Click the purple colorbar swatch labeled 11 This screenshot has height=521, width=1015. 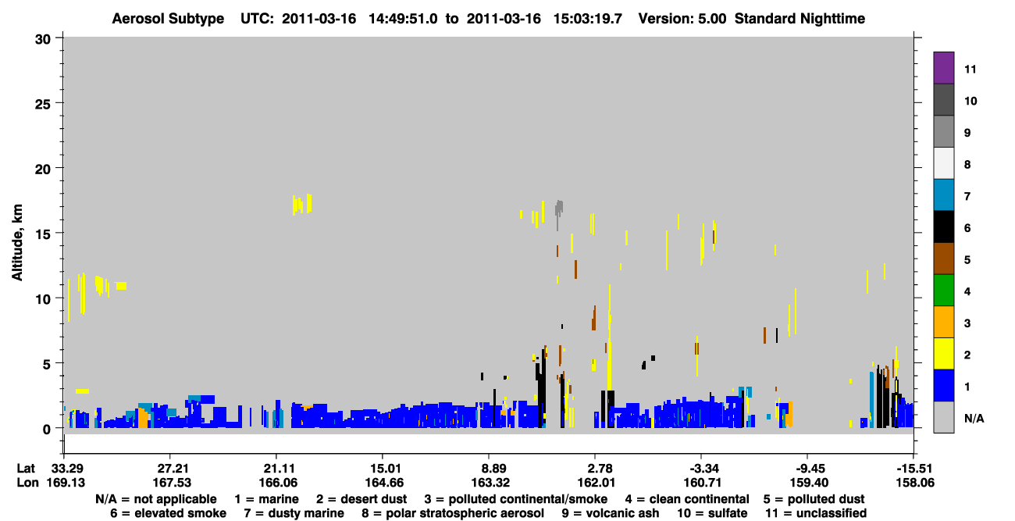(943, 67)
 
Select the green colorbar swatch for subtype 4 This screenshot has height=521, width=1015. (943, 291)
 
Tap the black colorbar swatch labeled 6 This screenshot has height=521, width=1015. (943, 227)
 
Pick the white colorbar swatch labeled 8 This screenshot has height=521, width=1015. (943, 163)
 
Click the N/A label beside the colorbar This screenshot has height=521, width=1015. (974, 418)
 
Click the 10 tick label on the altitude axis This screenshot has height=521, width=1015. (43, 299)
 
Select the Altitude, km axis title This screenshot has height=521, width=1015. (17, 242)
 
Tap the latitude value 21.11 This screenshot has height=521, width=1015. (279, 468)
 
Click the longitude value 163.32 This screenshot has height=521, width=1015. (490, 483)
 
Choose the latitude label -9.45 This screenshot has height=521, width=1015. (809, 468)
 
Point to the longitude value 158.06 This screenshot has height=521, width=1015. (915, 483)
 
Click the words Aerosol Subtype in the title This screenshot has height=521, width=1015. (168, 19)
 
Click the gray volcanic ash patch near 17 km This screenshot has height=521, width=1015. (559, 209)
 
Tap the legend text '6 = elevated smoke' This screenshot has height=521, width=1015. (168, 513)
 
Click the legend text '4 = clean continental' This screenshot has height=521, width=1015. (687, 499)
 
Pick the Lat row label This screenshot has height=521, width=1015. (26, 468)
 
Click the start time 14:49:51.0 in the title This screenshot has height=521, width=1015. (403, 19)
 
